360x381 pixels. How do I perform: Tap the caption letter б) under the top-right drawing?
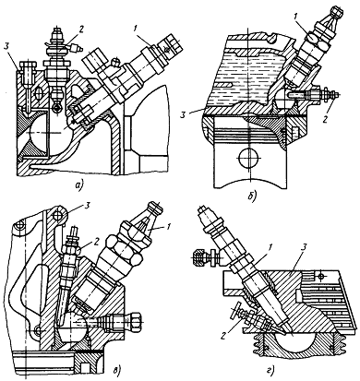click(252, 196)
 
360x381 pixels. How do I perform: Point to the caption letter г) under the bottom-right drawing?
click(270, 373)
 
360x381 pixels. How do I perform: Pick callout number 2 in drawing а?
click(81, 30)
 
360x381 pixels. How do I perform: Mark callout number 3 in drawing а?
click(6, 47)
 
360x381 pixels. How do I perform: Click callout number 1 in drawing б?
click(294, 18)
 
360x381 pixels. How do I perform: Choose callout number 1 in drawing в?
click(168, 227)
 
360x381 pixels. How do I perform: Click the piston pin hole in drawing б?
click(248, 158)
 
